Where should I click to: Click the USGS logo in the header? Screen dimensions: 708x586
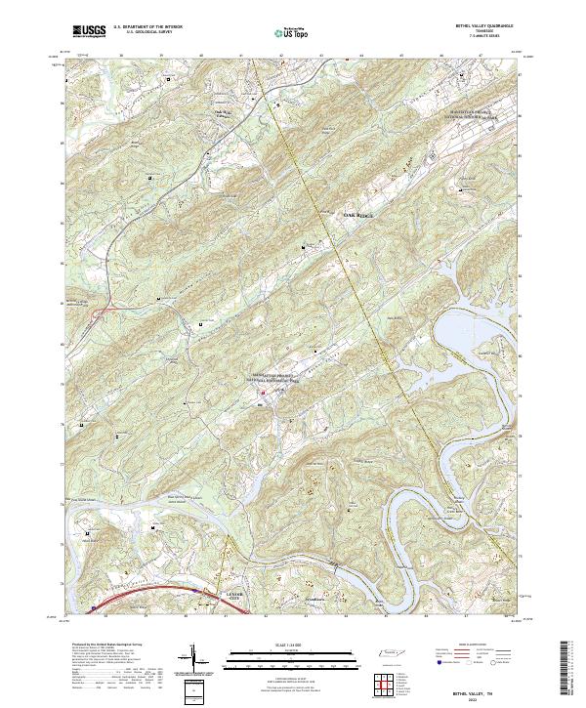click(89, 31)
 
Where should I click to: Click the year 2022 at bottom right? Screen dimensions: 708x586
click(475, 697)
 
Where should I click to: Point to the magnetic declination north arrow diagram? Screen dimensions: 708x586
click(193, 660)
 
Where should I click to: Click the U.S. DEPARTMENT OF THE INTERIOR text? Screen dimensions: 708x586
click(147, 27)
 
